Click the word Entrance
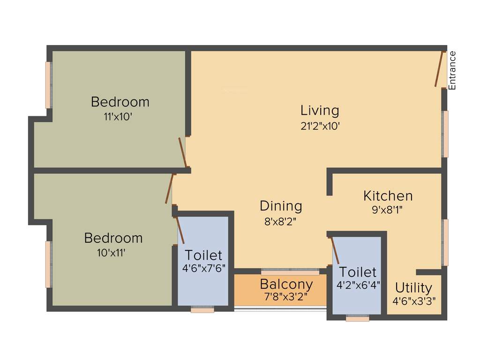452,70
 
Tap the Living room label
320,111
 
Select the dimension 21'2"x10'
320,126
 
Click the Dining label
281,206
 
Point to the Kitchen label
388,195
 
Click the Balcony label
286,284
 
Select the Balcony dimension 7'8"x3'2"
286,297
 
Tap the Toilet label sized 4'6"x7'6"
203,255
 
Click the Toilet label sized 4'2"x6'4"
358,272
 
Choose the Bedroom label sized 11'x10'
120,101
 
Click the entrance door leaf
439,69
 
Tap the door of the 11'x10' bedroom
183,152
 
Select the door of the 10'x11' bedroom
170,188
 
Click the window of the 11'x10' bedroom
48,85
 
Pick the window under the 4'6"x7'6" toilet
202,310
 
